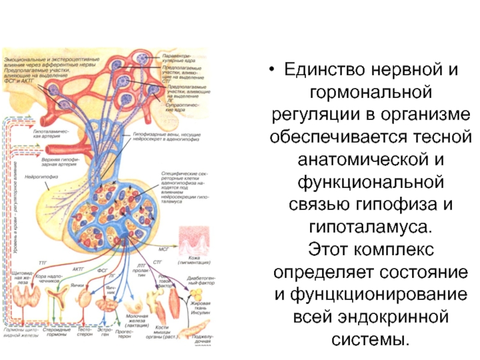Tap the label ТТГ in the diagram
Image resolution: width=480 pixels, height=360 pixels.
43,263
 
